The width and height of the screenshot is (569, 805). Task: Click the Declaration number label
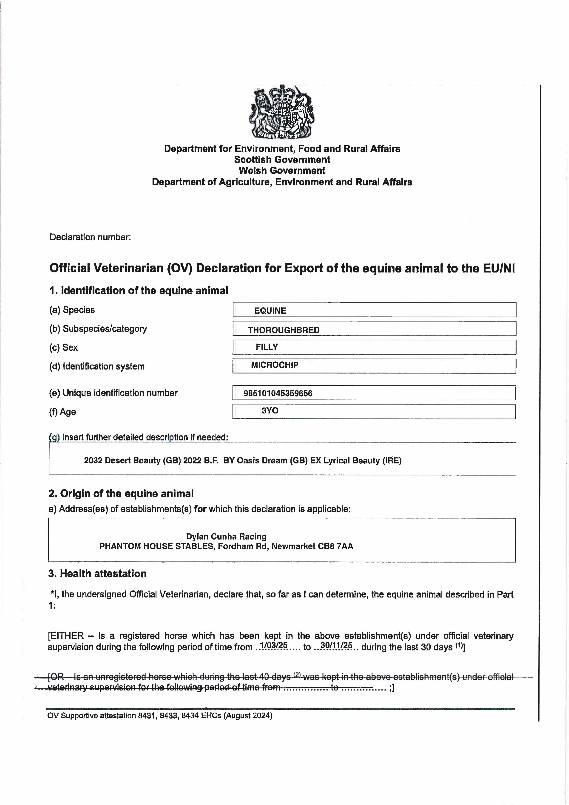tap(90, 237)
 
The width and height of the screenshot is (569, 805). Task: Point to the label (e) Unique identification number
tap(113, 393)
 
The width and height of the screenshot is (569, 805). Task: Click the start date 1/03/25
tap(273, 645)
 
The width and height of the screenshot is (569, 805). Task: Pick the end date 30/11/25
tap(336, 645)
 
